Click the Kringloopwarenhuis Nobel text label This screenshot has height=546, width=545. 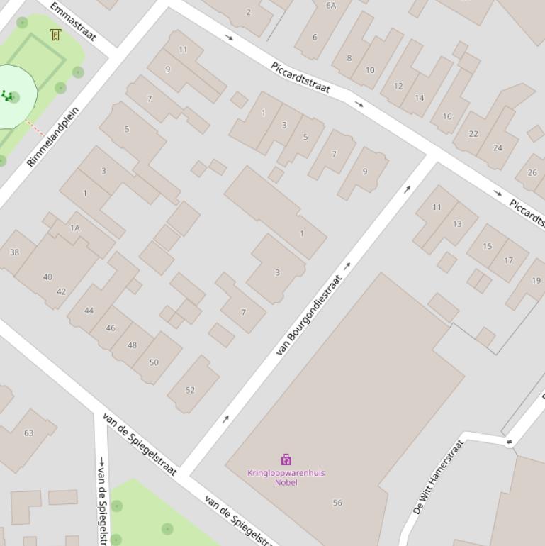pyautogui.click(x=286, y=477)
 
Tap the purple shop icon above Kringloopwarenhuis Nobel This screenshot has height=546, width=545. pyautogui.click(x=286, y=459)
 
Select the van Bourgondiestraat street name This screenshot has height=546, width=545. pyautogui.click(x=309, y=315)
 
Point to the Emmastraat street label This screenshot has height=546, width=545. pyautogui.click(x=72, y=21)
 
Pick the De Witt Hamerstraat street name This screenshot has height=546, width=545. pyautogui.click(x=438, y=477)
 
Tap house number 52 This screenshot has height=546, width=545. pyautogui.click(x=190, y=390)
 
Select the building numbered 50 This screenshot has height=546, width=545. pyautogui.click(x=154, y=362)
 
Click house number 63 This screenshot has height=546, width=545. pyautogui.click(x=28, y=433)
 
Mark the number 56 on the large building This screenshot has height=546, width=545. pyautogui.click(x=337, y=503)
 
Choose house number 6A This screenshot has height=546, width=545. pyautogui.click(x=331, y=6)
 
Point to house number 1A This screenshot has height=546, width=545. pyautogui.click(x=75, y=228)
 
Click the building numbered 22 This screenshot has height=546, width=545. pyautogui.click(x=473, y=133)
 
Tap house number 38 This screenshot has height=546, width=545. pyautogui.click(x=14, y=252)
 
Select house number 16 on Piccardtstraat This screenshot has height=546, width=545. pyautogui.click(x=447, y=116)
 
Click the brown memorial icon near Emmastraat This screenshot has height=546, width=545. pyautogui.click(x=55, y=35)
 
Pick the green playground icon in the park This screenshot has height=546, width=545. pyautogui.click(x=7, y=96)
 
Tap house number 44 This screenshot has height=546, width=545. pyautogui.click(x=89, y=311)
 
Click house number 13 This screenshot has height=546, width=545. pyautogui.click(x=457, y=224)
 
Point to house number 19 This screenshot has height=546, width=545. pyautogui.click(x=536, y=281)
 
